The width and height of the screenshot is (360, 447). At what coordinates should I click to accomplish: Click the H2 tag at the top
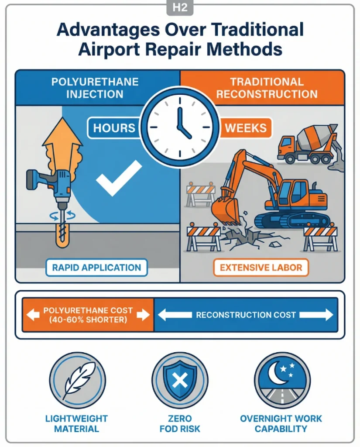pyautogui.click(x=180, y=7)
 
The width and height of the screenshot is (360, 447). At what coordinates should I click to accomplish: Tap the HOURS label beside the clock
pyautogui.click(x=114, y=128)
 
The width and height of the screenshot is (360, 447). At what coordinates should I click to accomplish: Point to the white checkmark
pyautogui.click(x=119, y=177)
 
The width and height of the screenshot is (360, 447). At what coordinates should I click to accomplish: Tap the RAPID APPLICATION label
pyautogui.click(x=96, y=268)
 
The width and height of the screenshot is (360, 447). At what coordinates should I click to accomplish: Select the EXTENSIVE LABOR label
pyautogui.click(x=261, y=268)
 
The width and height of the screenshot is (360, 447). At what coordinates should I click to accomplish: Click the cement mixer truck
pyautogui.click(x=308, y=144)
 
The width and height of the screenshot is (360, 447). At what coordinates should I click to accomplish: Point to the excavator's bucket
pyautogui.click(x=225, y=210)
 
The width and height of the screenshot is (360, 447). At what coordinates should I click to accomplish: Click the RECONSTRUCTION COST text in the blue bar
pyautogui.click(x=246, y=315)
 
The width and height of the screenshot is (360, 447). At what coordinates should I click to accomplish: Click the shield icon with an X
pyautogui.click(x=180, y=380)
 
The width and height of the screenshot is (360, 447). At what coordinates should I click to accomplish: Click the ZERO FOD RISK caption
pyautogui.click(x=180, y=423)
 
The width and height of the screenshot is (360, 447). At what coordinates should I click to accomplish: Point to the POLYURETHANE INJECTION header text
pyautogui.click(x=95, y=87)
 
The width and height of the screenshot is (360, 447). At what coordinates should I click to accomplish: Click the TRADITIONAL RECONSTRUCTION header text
pyautogui.click(x=267, y=87)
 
